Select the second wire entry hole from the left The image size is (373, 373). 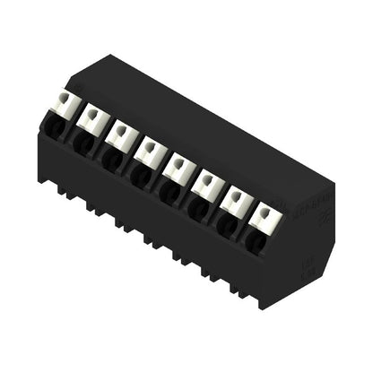pos(81,143)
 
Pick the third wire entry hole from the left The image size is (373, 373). pos(110,160)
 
